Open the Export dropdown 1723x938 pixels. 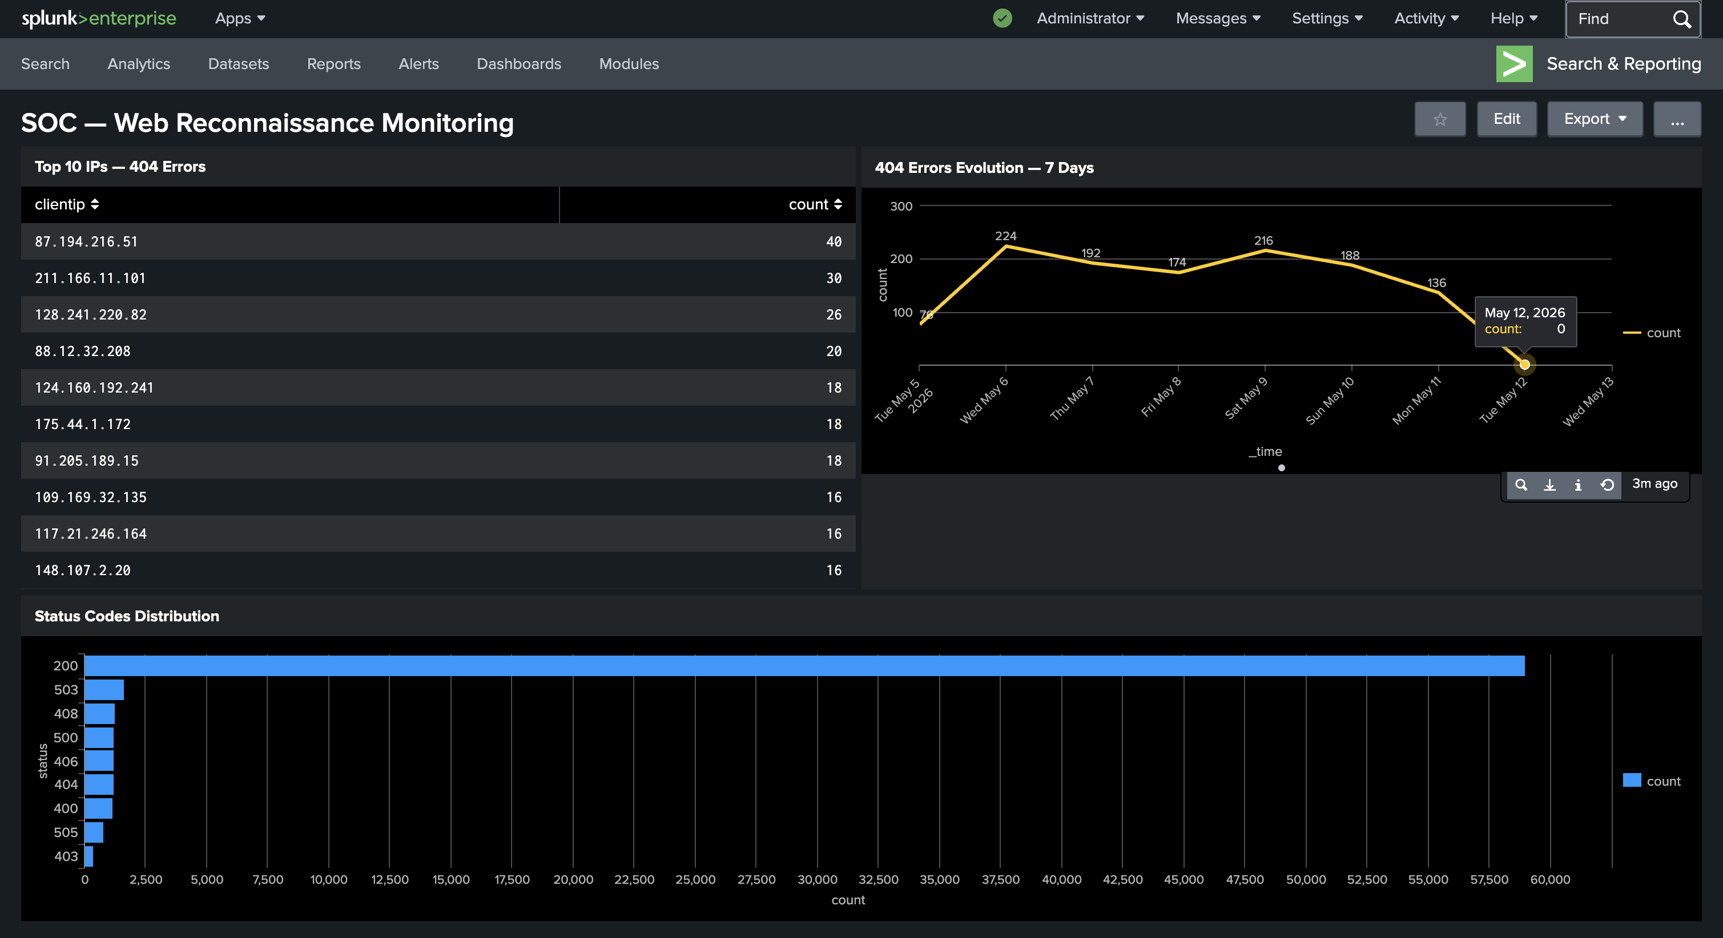coord(1595,119)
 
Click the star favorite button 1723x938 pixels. coord(1440,119)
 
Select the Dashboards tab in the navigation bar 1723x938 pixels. coord(519,63)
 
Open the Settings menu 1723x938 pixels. coord(1327,18)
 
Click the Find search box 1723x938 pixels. coord(1633,19)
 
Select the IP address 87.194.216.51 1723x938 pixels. coord(86,241)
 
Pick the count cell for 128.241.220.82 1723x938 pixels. coord(834,314)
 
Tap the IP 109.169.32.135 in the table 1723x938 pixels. coord(90,497)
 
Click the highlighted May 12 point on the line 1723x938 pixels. coord(1524,365)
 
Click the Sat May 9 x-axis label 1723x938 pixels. coord(1245,398)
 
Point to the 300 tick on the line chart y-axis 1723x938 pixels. coord(901,206)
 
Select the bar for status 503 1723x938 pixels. coord(104,689)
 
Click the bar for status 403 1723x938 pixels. coord(89,856)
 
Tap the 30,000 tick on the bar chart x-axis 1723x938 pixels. coord(818,879)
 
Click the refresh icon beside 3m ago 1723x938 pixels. coord(1607,485)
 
